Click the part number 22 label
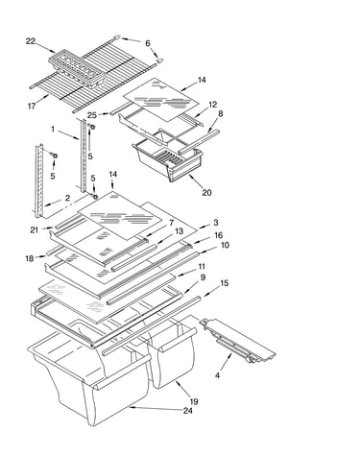pos(31,41)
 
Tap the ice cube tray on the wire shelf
pos(78,68)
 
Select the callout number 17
pos(32,106)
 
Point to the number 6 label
pos(148,43)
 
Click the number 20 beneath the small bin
pos(206,193)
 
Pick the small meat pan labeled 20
pos(167,156)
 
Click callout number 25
pos(92,114)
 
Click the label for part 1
pos(53,129)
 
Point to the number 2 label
pos(67,198)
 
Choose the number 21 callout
pos(35,229)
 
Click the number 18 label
pos(30,258)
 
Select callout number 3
pos(216,223)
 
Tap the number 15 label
pos(225,283)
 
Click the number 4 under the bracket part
pos(217,375)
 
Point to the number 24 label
pos(188,411)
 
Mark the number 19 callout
pos(194,401)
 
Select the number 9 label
pos(203,277)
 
